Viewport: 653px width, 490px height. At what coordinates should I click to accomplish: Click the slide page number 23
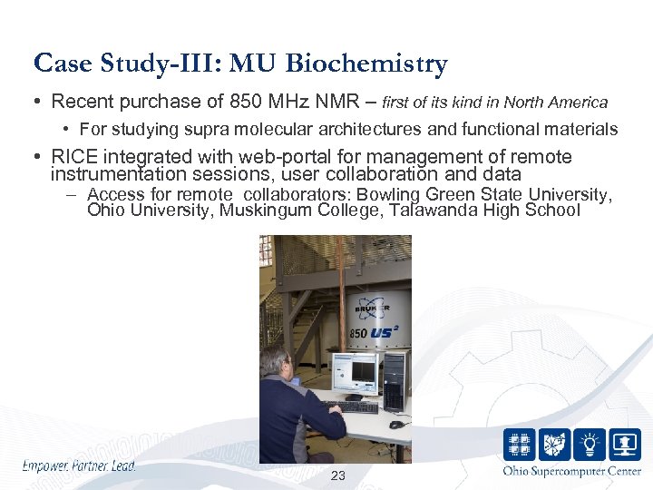coord(338,475)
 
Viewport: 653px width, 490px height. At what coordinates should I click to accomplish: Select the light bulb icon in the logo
coord(590,445)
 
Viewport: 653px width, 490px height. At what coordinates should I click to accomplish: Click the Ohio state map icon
coord(555,445)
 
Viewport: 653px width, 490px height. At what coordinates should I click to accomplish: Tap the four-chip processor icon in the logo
coord(520,445)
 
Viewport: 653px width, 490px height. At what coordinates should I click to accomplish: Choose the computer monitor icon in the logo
coord(625,445)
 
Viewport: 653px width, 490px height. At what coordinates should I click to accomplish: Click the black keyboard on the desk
coord(351,407)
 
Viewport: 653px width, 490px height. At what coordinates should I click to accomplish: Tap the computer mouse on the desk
coord(395,424)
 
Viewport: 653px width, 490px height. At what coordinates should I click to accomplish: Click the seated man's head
coord(275,361)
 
